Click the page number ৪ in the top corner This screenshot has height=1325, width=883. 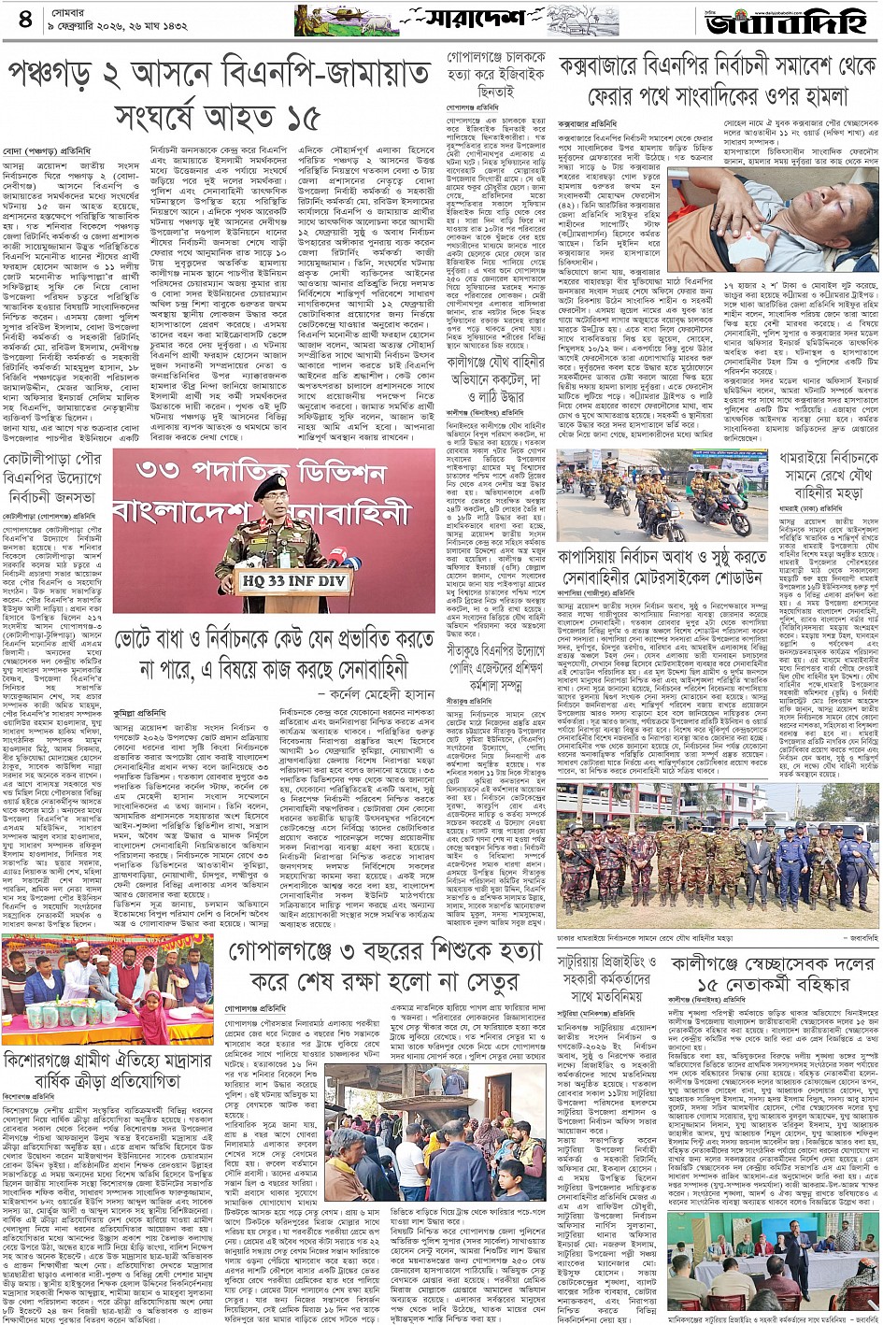pyautogui.click(x=24, y=19)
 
